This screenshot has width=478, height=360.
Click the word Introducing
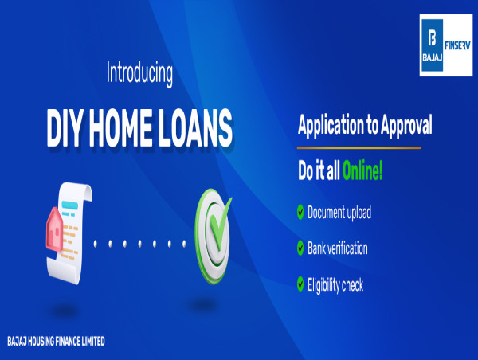(139, 74)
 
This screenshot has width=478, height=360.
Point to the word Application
(331, 125)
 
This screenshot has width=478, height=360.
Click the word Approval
(406, 125)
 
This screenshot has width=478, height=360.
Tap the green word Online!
(362, 170)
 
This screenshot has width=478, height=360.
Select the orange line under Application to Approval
(358, 148)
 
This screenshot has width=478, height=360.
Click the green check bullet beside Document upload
(300, 212)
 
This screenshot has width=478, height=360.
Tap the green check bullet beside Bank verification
(300, 248)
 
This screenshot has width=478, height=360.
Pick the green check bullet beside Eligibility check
(300, 284)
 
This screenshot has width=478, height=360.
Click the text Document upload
(339, 213)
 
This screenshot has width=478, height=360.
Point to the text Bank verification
(338, 248)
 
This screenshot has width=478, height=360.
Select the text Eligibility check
(335, 284)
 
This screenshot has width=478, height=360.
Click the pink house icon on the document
(54, 229)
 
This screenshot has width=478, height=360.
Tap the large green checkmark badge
(213, 237)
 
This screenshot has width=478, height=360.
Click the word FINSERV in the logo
(457, 45)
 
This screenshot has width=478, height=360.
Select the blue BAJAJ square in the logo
(433, 45)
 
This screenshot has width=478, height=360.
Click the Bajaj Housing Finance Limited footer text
(56, 341)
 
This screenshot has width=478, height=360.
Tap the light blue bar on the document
(69, 205)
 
